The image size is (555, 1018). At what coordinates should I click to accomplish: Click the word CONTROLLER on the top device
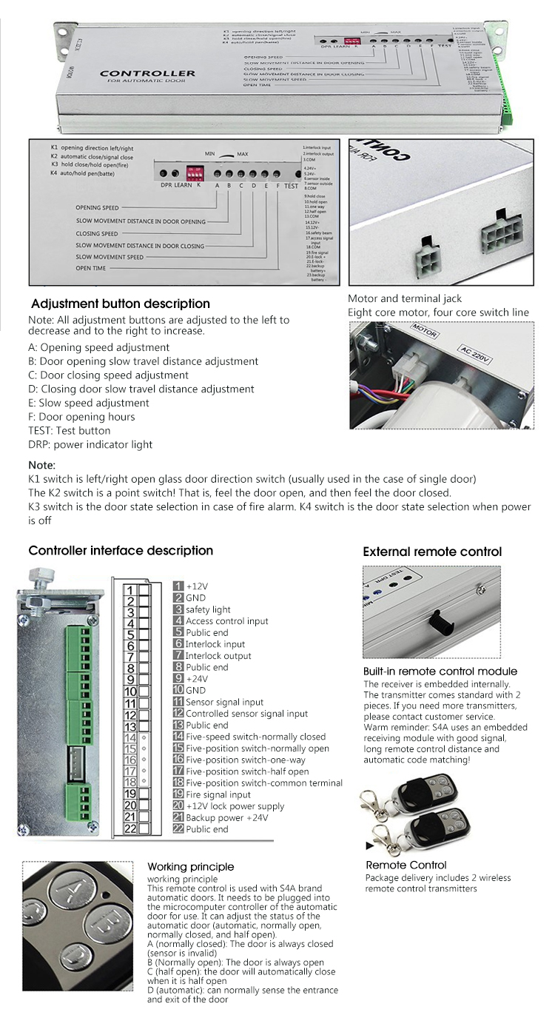[147, 73]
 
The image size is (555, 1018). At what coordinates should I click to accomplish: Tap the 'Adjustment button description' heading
[121, 304]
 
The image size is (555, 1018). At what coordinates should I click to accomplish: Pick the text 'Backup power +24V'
[226, 818]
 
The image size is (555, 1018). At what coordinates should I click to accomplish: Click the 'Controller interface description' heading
[121, 550]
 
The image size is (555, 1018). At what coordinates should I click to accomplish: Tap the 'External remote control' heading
[432, 552]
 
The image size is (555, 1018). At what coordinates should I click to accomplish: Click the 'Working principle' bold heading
[190, 866]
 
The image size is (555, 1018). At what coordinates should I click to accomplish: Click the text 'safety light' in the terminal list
[208, 609]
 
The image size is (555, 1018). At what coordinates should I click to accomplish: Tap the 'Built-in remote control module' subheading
[440, 672]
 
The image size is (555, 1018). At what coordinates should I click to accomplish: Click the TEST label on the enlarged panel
[292, 187]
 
